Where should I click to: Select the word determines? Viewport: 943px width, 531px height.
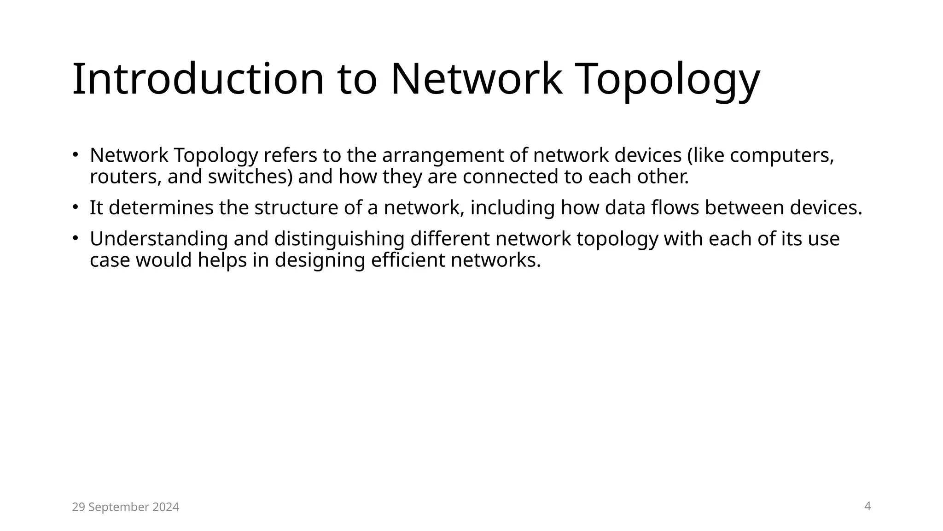pyautogui.click(x=161, y=208)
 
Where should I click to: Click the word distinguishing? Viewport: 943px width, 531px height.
pyautogui.click(x=339, y=239)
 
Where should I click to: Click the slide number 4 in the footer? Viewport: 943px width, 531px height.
pyautogui.click(x=867, y=506)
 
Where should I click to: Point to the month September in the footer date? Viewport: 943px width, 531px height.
pyautogui.click(x=120, y=507)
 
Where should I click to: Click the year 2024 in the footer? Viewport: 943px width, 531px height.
pyautogui.click(x=166, y=507)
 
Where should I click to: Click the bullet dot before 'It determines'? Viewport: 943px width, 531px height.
pyautogui.click(x=75, y=207)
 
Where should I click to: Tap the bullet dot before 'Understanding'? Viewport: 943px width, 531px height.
pyautogui.click(x=75, y=238)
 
